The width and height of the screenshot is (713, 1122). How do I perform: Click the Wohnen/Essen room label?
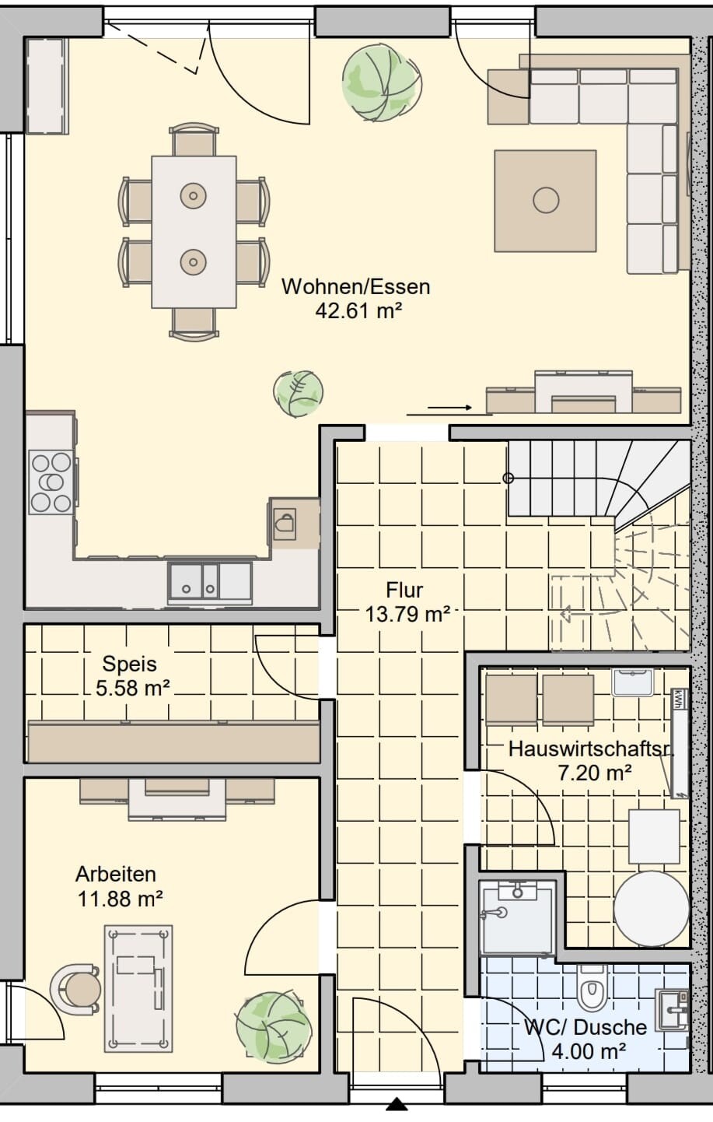(356, 287)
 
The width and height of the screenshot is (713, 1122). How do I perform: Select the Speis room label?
(130, 664)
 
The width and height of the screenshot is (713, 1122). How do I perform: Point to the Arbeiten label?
(116, 874)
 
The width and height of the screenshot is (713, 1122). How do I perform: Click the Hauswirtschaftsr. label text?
(591, 749)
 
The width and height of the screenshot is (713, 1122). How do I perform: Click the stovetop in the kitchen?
(51, 482)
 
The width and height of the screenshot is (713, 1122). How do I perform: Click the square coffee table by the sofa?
(545, 201)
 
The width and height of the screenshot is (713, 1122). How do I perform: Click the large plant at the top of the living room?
(382, 82)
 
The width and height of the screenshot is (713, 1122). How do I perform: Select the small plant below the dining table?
(298, 393)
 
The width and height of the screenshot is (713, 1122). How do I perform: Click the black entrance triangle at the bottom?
(397, 1114)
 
